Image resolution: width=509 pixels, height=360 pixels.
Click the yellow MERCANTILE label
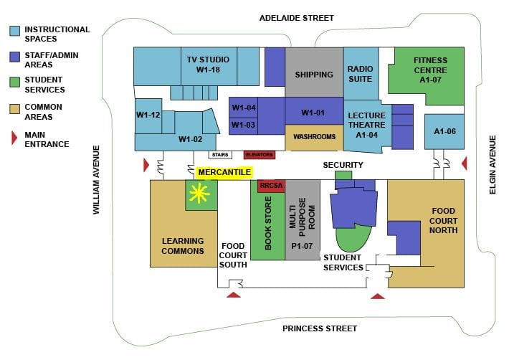[x=224, y=172]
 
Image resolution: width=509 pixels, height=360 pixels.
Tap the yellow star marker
[x=198, y=194]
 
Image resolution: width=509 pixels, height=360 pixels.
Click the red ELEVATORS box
[x=260, y=154]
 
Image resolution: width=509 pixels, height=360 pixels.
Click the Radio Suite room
[x=361, y=74]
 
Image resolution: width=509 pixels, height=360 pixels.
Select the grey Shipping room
[x=314, y=74]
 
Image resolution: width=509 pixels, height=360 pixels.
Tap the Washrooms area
[x=314, y=137]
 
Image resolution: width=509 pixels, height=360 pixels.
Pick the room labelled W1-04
[x=244, y=108]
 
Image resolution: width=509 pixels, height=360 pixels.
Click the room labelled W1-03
[x=244, y=125]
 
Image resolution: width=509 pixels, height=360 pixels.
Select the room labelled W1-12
[x=148, y=115]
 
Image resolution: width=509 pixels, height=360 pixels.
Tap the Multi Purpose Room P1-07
[x=302, y=227]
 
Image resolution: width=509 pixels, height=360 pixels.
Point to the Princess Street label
[x=319, y=328]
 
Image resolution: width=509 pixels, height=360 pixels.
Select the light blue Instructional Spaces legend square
[x=14, y=30]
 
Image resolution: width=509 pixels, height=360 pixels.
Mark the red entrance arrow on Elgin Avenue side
[x=465, y=164]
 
